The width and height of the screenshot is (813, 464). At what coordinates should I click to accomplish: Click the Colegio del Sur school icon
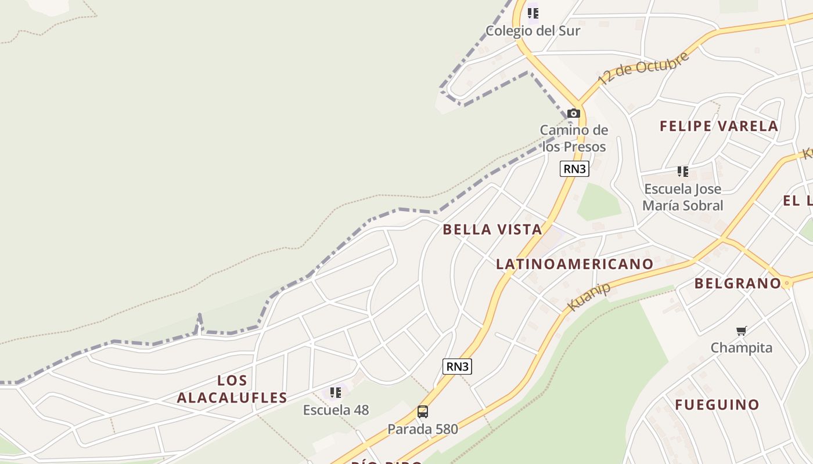[533, 13]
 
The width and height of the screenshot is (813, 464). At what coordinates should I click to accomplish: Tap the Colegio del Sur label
[533, 31]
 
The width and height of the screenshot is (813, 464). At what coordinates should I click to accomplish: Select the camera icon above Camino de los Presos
[574, 113]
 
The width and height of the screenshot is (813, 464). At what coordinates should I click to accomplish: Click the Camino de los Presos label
[574, 138]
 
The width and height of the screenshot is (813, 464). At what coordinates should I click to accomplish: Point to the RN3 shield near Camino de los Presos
[574, 169]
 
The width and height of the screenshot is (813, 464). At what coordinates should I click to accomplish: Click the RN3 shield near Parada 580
[457, 367]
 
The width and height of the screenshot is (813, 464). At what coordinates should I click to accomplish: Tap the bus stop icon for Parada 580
[423, 412]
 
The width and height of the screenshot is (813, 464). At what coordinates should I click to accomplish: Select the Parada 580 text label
[423, 429]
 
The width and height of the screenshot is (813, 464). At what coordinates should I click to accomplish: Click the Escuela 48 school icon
[336, 393]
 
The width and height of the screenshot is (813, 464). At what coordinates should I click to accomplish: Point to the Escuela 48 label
[336, 410]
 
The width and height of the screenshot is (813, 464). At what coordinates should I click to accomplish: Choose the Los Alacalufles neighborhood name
[232, 389]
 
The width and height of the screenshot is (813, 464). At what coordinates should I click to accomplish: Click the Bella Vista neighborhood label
[492, 230]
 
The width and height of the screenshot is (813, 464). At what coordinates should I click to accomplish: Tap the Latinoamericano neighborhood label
[574, 264]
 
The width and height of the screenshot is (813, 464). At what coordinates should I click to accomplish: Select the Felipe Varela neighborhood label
[719, 126]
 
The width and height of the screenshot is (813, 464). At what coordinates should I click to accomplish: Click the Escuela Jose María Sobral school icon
[683, 172]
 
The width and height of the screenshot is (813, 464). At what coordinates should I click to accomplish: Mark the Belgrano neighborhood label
[738, 283]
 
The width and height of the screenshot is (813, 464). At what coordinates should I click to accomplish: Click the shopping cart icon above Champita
[742, 331]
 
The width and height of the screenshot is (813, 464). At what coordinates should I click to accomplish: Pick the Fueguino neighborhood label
[717, 405]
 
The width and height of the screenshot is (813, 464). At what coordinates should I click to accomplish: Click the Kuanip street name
[589, 296]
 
